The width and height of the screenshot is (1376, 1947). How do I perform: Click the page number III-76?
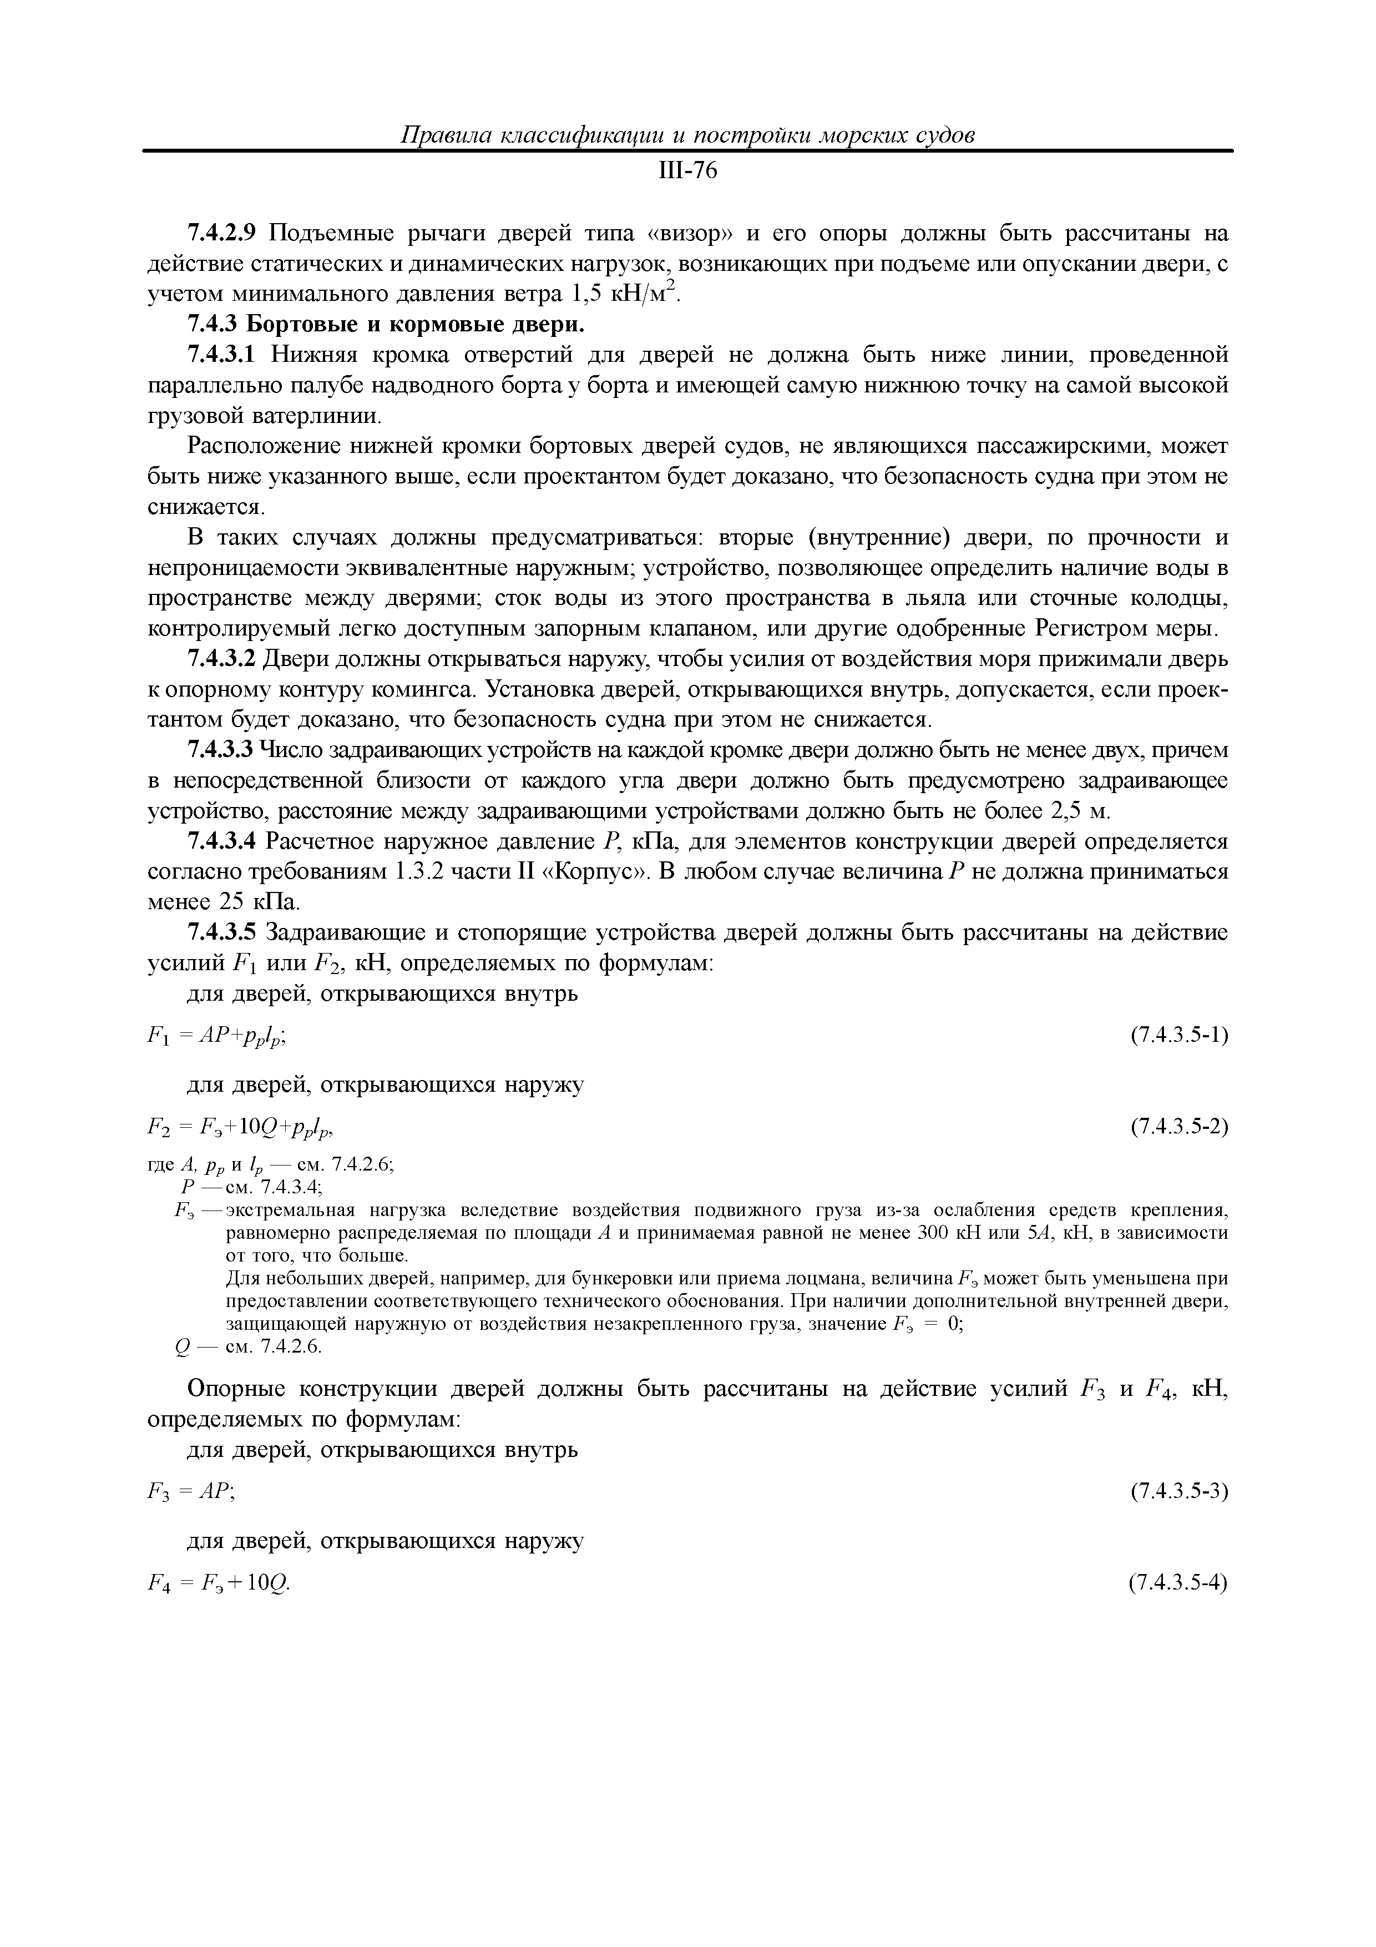click(x=687, y=172)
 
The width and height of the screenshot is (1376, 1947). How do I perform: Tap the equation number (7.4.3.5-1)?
click(x=1179, y=1036)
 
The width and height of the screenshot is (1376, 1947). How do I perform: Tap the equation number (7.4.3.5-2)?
click(x=1179, y=1127)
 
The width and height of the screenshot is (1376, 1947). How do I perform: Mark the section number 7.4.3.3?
click(x=220, y=750)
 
